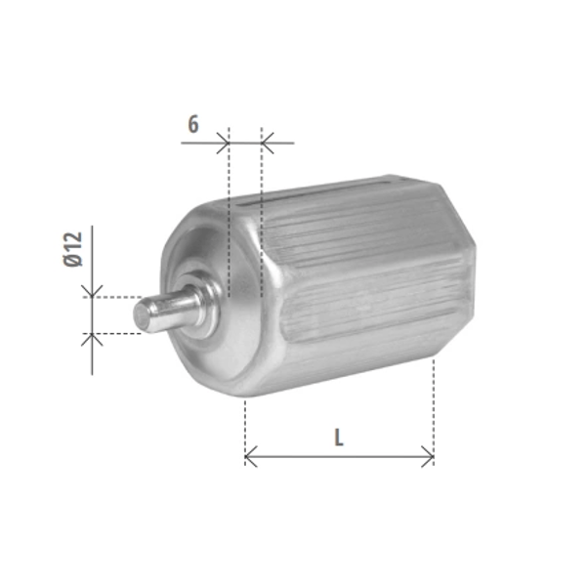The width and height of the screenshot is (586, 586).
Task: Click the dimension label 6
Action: click(x=193, y=124)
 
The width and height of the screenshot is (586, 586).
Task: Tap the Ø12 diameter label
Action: click(x=73, y=249)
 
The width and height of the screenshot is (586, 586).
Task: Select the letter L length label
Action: click(x=339, y=438)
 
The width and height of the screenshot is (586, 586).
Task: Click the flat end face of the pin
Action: click(x=141, y=314)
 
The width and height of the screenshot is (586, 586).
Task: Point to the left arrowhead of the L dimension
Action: click(x=251, y=456)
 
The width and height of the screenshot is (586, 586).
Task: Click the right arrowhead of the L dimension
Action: click(x=428, y=456)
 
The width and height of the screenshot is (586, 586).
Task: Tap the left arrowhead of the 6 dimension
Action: click(x=223, y=143)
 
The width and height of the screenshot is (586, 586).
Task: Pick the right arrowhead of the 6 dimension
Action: click(x=268, y=143)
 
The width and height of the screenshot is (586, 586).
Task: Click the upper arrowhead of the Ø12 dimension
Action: click(x=92, y=291)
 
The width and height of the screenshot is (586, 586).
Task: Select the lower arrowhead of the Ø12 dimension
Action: click(x=92, y=339)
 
